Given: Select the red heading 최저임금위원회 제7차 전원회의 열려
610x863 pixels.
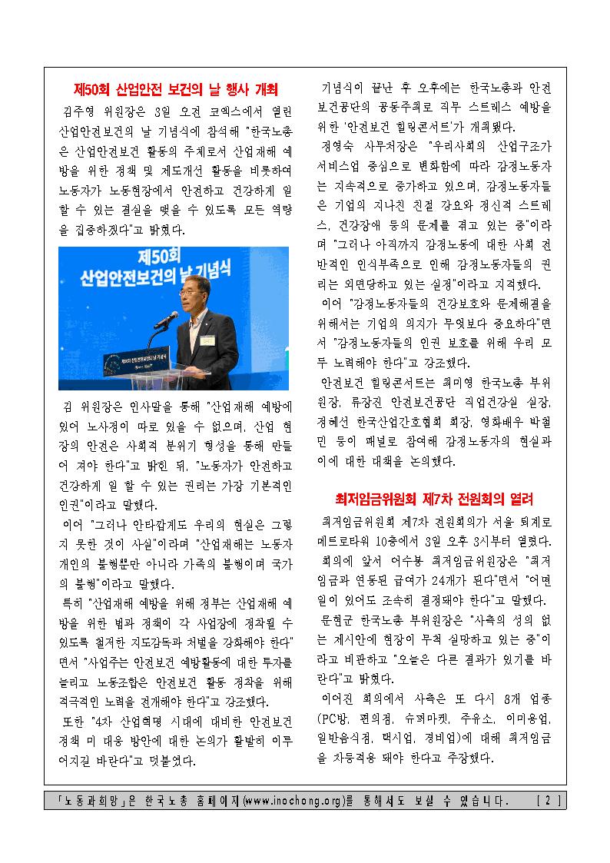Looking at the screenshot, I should [x=434, y=499].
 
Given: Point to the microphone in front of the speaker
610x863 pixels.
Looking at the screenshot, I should [x=164, y=317].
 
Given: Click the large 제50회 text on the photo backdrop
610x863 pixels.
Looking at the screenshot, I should [x=173, y=261].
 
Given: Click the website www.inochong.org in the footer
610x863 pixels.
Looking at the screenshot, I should [x=293, y=801].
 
